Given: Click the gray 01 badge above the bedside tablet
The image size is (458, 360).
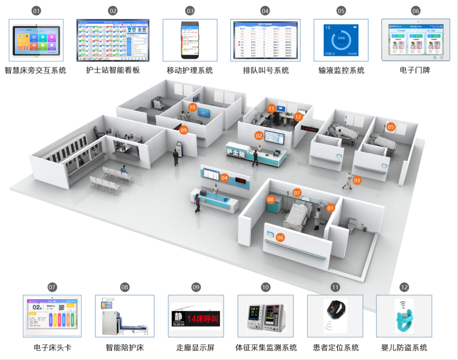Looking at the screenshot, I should pos(36,11).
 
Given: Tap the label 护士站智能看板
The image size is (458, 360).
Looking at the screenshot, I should pos(113,70).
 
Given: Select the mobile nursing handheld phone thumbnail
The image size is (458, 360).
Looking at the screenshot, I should pos(190,40).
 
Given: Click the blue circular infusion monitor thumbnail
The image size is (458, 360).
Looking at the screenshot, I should pos(341,40).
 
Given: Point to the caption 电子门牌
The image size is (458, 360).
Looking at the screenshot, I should pos(415,70).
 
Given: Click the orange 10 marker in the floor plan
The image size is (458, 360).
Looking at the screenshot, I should pos(192,107).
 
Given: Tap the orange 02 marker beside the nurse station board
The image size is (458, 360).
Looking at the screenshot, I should pos(259,136).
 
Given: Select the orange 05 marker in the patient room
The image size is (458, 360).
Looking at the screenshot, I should pos(391,127).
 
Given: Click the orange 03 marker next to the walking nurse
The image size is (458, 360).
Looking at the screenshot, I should pos(357,180).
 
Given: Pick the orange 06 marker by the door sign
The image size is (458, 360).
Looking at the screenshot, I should pos(280,237).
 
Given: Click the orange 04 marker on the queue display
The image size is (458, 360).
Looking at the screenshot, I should pos(224,178).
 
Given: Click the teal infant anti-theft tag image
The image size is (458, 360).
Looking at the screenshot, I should pos(404,316).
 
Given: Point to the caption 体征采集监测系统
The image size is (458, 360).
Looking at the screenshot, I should pos(266,347).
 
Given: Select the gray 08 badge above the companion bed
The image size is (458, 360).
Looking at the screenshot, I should pos(125,287).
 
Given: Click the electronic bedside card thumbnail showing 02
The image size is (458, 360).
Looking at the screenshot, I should pos(52,316).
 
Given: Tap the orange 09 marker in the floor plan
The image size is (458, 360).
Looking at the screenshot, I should pos(184,130).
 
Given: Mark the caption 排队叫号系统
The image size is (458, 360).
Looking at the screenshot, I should pos(266,70).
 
